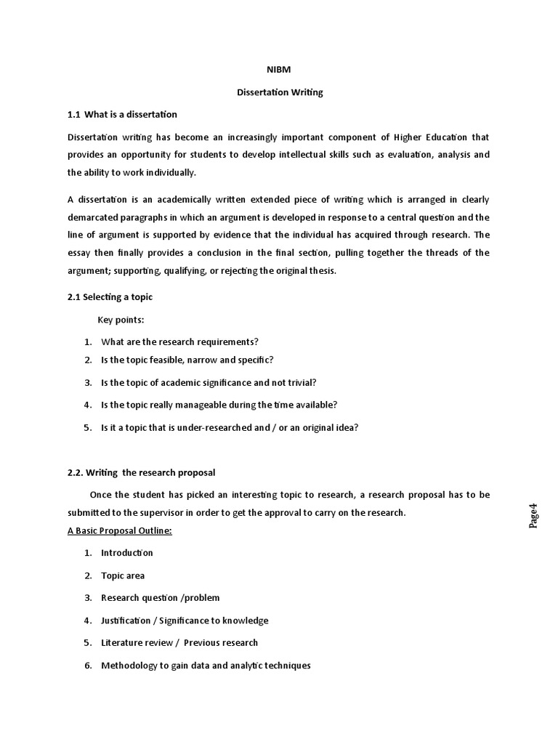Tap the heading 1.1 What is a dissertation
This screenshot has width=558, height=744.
point(122,115)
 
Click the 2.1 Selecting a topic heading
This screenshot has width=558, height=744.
point(110,297)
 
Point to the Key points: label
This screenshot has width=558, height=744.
point(121,320)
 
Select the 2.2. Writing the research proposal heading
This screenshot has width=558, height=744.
point(141,472)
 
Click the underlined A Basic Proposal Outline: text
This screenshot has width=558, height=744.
point(120,530)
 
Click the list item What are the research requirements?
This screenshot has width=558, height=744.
point(179,341)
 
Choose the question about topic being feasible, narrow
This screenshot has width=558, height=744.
point(187,360)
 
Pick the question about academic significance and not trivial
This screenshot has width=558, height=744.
point(209,382)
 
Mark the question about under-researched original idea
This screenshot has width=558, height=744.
point(230,427)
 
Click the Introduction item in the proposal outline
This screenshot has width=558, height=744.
point(127,553)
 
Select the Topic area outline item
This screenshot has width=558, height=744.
point(123,575)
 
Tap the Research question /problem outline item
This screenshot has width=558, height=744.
point(160,598)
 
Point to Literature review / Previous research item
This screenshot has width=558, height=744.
point(179,642)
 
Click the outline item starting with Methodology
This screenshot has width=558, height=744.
point(206,665)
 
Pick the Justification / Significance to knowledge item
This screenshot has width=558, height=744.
point(185,620)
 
